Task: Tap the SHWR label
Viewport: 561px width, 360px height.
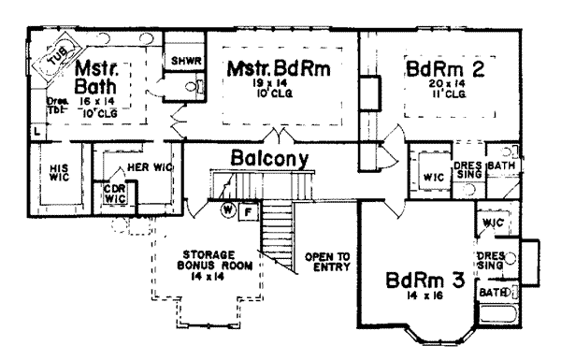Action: click(180, 61)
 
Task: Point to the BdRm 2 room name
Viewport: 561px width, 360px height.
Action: click(444, 69)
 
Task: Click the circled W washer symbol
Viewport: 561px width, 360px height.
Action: click(227, 210)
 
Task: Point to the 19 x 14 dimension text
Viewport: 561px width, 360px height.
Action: click(278, 85)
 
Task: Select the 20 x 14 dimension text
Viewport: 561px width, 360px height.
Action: click(446, 85)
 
